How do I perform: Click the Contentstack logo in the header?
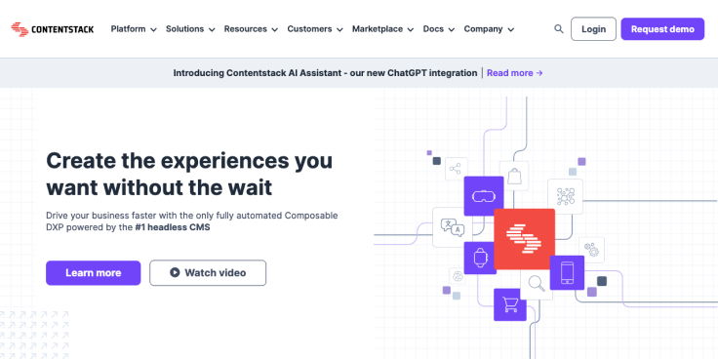click(x=54, y=29)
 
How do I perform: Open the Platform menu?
click(x=134, y=29)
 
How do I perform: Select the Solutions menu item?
click(x=190, y=29)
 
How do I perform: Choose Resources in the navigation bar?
click(x=250, y=29)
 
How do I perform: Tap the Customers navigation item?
click(x=314, y=29)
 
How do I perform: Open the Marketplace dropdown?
click(x=382, y=29)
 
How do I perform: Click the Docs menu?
click(x=438, y=29)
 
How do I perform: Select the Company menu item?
click(x=489, y=29)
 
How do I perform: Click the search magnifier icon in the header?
click(x=559, y=29)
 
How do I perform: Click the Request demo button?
click(x=662, y=29)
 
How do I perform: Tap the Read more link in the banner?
click(x=514, y=73)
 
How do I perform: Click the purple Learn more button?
click(x=94, y=273)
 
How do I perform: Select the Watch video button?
click(x=208, y=273)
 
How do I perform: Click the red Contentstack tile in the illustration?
click(x=524, y=239)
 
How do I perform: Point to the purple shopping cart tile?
click(x=509, y=304)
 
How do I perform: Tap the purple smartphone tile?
click(x=567, y=272)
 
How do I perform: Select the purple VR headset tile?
click(x=483, y=195)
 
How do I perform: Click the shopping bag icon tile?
click(x=514, y=177)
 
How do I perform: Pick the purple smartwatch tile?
click(x=480, y=258)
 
